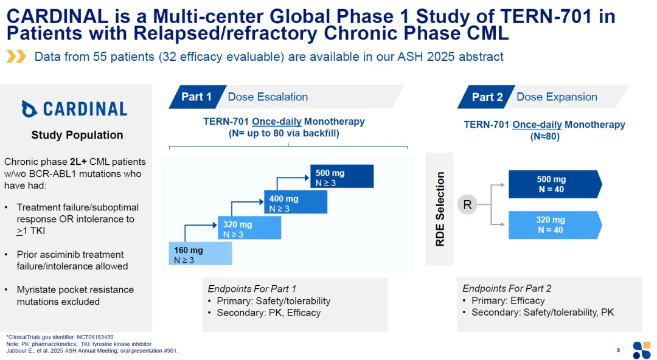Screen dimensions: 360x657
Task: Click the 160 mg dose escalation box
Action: (x=200, y=254)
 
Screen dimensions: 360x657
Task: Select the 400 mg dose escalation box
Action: (x=295, y=203)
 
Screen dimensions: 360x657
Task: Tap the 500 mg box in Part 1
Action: (x=342, y=177)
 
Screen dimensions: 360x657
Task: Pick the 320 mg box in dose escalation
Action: (x=249, y=229)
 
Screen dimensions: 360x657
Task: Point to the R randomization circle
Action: (x=467, y=205)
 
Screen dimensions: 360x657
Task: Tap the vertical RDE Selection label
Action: (x=440, y=209)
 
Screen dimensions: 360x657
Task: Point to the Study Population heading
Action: (x=77, y=135)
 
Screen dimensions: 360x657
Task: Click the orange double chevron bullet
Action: (x=16, y=57)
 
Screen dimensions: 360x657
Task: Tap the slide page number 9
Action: (x=618, y=350)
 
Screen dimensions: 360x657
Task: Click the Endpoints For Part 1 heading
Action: (x=252, y=289)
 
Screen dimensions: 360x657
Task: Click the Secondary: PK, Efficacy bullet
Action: (x=268, y=313)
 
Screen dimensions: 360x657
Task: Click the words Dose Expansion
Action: (x=557, y=97)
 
